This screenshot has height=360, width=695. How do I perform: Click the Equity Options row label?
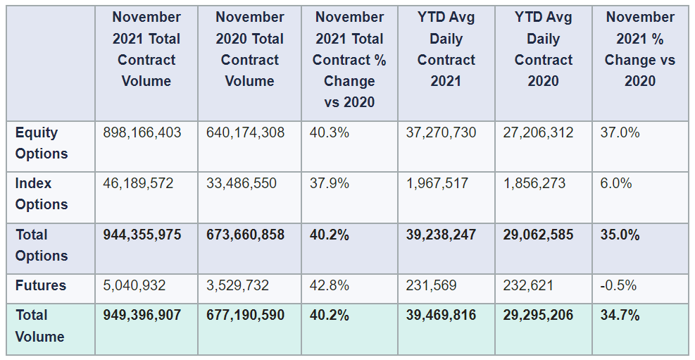42,143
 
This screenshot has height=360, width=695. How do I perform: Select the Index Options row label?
42,194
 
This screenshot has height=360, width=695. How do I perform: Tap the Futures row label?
41,285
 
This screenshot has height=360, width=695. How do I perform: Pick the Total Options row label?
42,245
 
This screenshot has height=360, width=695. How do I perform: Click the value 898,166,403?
142,132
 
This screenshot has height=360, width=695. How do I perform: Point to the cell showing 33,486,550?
242,183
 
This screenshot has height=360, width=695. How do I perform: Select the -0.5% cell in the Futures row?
618,285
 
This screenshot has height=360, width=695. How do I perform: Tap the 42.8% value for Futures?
330,285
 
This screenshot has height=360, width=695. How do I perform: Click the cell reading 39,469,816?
441,315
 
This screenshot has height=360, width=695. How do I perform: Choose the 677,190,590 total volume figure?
245,315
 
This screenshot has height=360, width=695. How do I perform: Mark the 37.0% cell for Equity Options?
620,132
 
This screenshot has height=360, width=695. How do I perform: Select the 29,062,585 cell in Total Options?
538,235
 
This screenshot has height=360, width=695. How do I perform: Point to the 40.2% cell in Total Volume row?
330,315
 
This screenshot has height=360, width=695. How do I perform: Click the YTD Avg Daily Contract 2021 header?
446,49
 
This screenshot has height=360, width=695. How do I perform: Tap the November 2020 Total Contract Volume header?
249,49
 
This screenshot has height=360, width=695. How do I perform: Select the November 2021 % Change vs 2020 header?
639,49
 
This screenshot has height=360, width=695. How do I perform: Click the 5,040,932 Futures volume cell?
134,285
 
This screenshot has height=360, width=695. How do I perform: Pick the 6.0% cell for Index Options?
616,183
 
